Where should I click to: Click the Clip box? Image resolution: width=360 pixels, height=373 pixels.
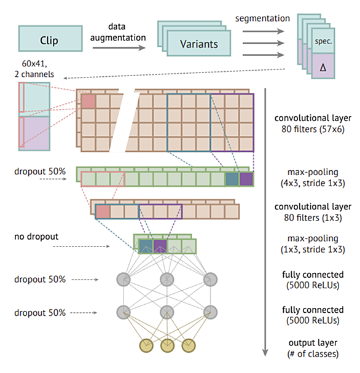coord(50,39)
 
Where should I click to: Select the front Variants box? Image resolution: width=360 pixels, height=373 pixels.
coord(199,43)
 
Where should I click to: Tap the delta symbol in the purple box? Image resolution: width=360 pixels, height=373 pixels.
coord(323,68)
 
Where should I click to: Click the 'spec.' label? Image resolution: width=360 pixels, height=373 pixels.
coord(323,41)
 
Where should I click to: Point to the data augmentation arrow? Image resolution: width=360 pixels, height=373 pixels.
coord(119,48)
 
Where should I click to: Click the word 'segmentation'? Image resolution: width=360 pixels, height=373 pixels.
coord(262,18)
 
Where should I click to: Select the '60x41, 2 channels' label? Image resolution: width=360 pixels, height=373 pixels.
coord(34,69)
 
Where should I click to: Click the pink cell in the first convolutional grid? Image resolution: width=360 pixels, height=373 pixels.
coord(88,101)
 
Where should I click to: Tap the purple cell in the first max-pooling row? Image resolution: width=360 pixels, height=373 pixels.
coord(246,179)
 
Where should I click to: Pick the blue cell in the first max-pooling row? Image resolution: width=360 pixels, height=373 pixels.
coord(232,179)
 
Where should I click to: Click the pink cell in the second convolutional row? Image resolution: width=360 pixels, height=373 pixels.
coord(103,211)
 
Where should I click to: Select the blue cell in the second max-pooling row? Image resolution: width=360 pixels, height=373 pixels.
coord(146,246)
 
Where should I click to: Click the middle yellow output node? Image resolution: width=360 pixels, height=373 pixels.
coord(167,345)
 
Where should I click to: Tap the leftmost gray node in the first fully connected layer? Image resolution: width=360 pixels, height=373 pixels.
coord(123,280)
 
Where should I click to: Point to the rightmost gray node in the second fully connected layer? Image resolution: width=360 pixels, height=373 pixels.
coord(211,312)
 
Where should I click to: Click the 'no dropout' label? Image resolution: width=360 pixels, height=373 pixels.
coord(36,237)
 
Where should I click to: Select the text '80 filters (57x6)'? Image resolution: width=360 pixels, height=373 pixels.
coord(313,129)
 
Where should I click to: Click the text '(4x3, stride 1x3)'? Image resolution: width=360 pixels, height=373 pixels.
coord(313,183)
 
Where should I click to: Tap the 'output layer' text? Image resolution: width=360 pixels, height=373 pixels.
coord(313,343)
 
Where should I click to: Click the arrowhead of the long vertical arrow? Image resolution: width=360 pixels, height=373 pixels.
coord(265,353)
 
